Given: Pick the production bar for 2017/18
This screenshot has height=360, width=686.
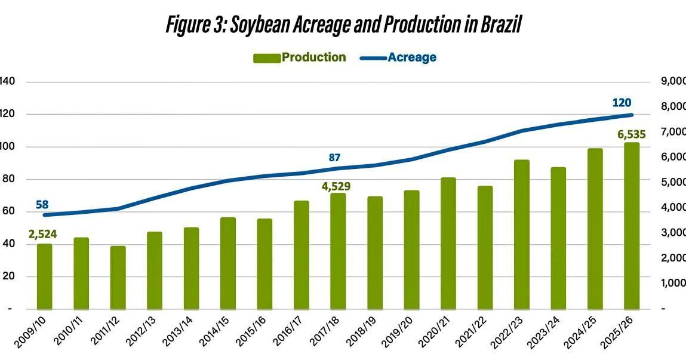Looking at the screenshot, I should point(338,251).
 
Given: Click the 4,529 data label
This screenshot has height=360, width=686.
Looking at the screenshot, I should point(336,186).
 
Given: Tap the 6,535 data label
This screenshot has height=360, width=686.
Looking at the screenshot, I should point(630,134).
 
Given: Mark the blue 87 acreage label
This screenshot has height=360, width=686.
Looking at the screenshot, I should point(334,158).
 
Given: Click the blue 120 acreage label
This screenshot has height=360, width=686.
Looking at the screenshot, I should point(622,103).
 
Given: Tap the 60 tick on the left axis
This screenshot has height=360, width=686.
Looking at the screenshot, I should point(7,212).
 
